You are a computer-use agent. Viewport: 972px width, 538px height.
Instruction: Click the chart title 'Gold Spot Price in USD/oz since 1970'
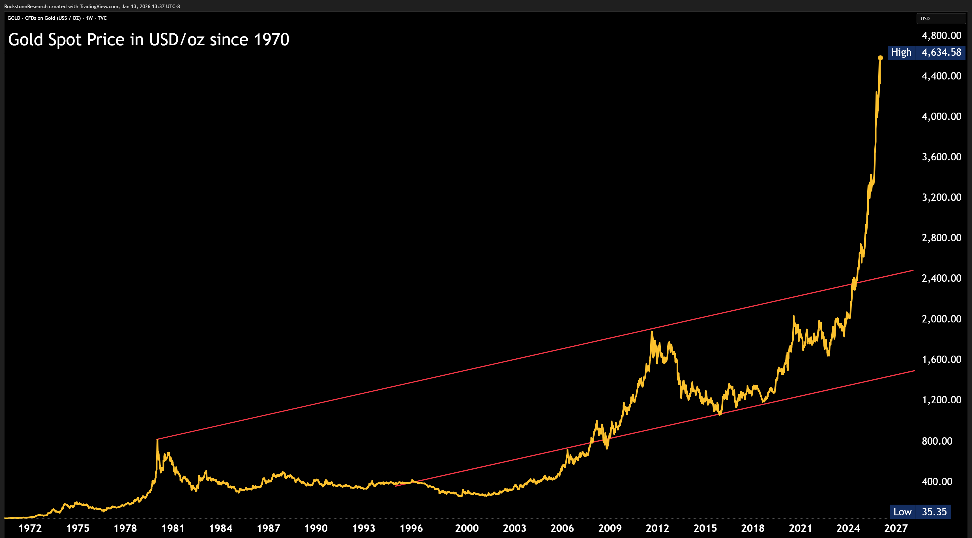tap(149, 40)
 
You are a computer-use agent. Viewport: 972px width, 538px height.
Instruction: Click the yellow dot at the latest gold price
tap(880, 58)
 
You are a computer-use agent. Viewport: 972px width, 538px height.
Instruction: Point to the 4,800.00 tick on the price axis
tap(941, 35)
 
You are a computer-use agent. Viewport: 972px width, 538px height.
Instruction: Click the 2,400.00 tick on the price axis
tap(941, 278)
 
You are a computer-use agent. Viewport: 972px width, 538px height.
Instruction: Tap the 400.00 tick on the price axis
tap(937, 481)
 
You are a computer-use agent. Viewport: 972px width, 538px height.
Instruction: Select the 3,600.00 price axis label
tap(941, 157)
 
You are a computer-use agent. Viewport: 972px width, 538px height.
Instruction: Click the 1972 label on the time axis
tap(30, 528)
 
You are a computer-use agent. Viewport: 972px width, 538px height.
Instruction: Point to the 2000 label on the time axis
tap(467, 528)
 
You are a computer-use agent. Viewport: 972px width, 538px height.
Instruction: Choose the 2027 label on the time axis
tap(896, 528)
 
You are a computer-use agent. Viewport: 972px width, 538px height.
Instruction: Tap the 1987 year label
tap(268, 528)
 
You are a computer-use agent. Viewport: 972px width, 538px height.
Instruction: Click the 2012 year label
tap(657, 528)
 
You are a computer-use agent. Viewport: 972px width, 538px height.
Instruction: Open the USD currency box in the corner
tap(940, 18)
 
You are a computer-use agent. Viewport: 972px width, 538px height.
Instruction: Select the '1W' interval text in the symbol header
tap(89, 18)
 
